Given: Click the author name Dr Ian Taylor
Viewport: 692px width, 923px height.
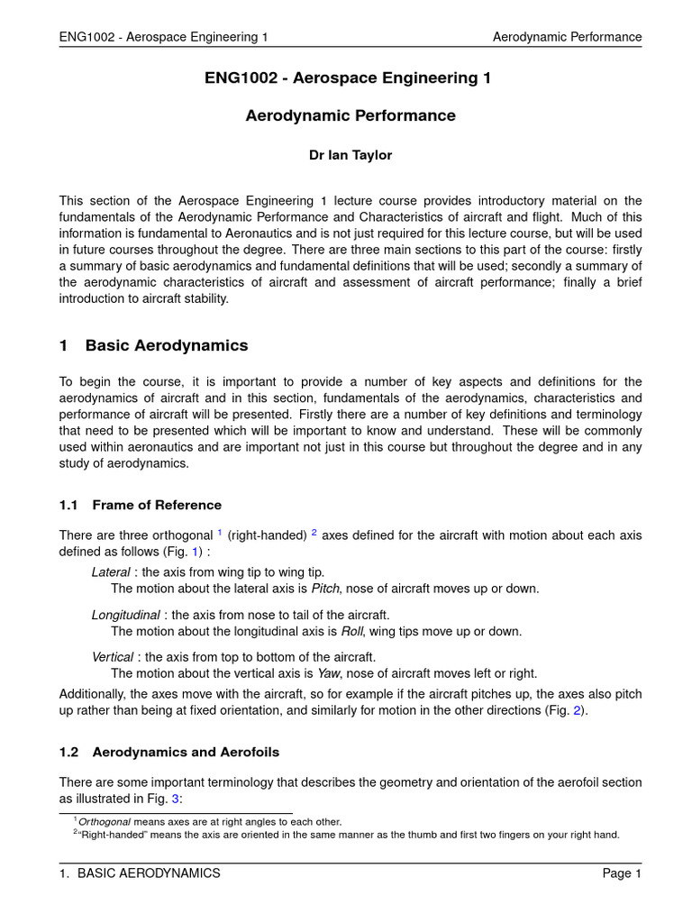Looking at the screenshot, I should point(351,155).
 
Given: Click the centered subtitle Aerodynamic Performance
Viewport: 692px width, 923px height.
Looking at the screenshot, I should point(351,116).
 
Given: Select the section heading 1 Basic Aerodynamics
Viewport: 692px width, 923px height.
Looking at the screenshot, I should point(153,346).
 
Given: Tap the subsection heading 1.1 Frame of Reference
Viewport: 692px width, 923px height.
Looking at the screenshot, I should point(140,505).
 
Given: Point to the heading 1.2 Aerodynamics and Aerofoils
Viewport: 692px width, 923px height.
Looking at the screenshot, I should point(169,752).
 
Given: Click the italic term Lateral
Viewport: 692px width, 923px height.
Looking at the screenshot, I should point(111,572).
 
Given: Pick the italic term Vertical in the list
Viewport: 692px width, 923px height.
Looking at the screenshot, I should point(113,656).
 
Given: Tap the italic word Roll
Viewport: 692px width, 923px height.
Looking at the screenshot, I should point(351,631).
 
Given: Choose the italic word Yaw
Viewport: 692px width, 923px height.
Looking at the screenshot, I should point(327,673).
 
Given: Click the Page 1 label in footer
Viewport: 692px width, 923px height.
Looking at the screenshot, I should point(622,873).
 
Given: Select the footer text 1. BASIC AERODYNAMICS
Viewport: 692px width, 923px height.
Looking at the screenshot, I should point(140,873).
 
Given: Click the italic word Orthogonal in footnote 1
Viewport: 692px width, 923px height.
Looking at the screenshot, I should point(105,822).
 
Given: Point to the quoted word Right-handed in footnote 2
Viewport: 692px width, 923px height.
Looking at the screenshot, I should point(111,835).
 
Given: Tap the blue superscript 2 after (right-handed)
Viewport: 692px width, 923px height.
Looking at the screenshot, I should point(314,533).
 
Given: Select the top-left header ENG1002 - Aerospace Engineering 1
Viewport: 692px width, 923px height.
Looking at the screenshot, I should point(163,37).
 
